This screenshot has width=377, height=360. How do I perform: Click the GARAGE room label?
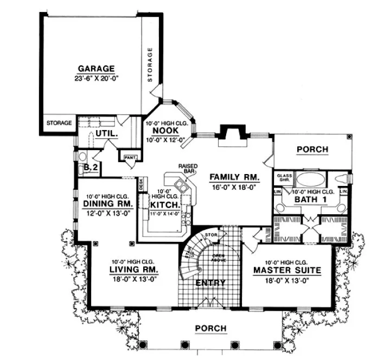coord(95,69)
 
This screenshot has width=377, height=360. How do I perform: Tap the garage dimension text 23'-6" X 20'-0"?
coord(95,78)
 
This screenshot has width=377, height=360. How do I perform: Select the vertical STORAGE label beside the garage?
coord(150,65)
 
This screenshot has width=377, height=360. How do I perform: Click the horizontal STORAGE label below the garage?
coord(59,123)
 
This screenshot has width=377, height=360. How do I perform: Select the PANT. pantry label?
coord(129,157)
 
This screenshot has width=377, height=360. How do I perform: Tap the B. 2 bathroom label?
coord(91,169)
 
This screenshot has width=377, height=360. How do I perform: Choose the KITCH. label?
coord(161,205)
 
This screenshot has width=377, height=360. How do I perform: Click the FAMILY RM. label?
coord(234,177)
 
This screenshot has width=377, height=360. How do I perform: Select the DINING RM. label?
coord(108,204)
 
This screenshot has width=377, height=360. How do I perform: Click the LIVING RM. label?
coord(134,269)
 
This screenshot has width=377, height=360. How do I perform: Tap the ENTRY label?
coord(210,283)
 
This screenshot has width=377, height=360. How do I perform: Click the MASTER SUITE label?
coord(287,269)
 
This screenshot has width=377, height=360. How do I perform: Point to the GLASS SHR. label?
coord(284,178)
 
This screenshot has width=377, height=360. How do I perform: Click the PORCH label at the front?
coord(210,329)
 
